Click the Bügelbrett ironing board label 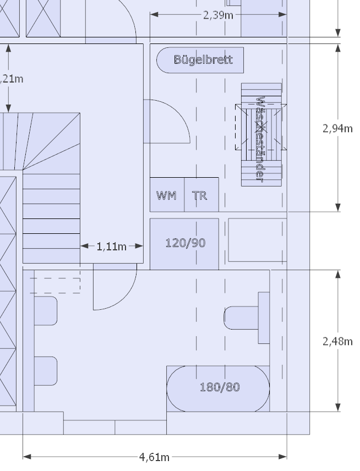click(203, 59)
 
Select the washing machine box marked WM click(167, 195)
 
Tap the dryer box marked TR click(201, 195)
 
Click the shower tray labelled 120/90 click(185, 243)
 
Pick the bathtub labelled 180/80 click(219, 387)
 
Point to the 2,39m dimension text click(217, 15)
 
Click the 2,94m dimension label click(337, 128)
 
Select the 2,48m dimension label click(337, 341)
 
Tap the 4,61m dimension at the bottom click(154, 457)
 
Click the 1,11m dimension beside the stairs click(112, 247)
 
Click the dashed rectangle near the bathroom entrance click(54, 285)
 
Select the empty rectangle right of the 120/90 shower click(257, 240)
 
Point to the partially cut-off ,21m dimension click(11, 79)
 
